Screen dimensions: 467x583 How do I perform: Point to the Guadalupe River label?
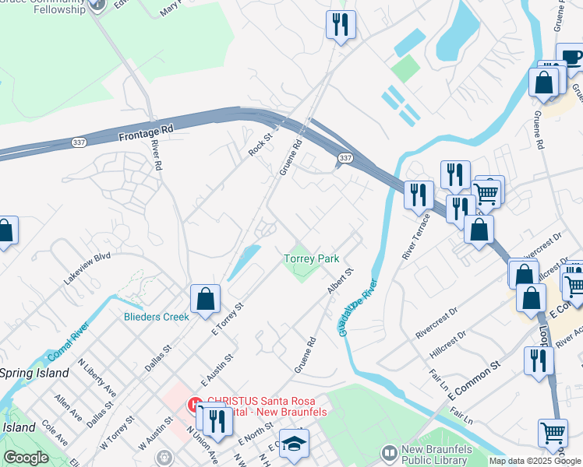tap(358, 307)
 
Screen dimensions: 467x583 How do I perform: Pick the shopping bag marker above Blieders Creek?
tap(205, 298)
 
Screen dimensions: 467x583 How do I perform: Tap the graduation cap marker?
tap(295, 443)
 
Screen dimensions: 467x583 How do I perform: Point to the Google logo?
tap(26, 458)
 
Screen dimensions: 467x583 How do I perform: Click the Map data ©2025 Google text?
tap(535, 461)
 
